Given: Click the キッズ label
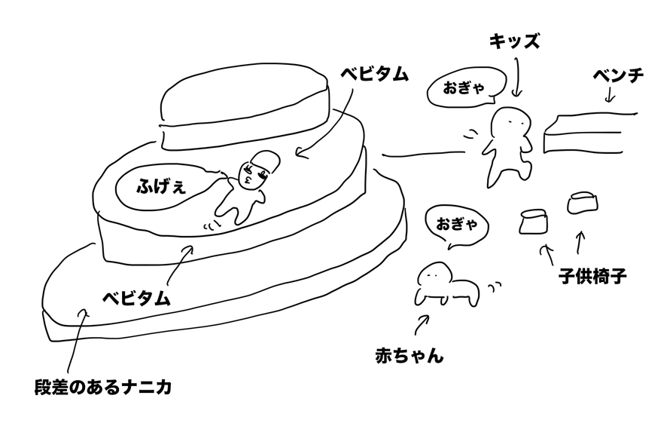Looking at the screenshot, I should (x=514, y=41).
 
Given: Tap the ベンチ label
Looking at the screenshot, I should (x=617, y=77).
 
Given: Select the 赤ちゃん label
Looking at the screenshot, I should (x=409, y=354).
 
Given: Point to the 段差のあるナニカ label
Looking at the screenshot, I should (x=103, y=389).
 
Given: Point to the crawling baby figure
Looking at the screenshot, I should (x=444, y=285).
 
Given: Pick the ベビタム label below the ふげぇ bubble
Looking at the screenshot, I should (x=136, y=296).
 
